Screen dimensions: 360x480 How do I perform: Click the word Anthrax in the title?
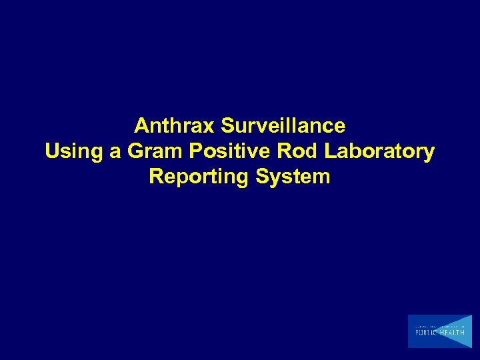pos(175,125)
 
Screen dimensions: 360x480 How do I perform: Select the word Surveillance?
pos(283,125)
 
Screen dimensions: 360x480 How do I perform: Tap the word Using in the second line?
pos(72,151)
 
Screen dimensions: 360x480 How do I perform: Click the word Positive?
pos(229,151)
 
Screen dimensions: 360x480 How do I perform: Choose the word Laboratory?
pos(379,151)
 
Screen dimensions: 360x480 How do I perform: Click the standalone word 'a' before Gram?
pos(115,153)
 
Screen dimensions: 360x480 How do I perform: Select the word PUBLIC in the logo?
pos(427,331)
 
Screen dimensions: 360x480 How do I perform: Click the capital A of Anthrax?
pos(141,125)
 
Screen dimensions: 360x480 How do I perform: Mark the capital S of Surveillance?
pos(228,125)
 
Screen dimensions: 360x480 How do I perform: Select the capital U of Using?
pos(52,151)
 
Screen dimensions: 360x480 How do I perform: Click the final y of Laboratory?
pos(429,153)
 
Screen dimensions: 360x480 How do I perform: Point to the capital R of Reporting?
pos(156,177)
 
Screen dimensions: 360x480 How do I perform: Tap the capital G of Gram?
pos(135,151)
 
